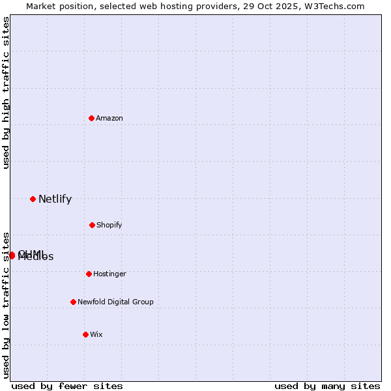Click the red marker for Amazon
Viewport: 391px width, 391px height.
[92, 118]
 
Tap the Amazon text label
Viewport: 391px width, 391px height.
[109, 118]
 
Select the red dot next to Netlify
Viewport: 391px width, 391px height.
[33, 199]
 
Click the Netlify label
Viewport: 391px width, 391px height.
[55, 199]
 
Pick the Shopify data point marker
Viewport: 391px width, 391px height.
[92, 225]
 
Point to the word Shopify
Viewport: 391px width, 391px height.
[109, 225]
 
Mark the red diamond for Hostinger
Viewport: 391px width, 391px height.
[89, 274]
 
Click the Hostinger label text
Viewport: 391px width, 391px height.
[109, 274]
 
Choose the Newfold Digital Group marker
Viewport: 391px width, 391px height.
[73, 302]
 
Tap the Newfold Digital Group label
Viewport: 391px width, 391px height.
[115, 302]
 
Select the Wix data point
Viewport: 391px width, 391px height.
[85, 334]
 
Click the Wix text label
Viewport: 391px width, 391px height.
[96, 334]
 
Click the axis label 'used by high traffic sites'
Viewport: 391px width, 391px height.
[6, 93]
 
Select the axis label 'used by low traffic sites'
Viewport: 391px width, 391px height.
[6, 305]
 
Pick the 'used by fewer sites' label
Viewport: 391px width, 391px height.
[67, 386]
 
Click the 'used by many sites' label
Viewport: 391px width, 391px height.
[327, 386]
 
